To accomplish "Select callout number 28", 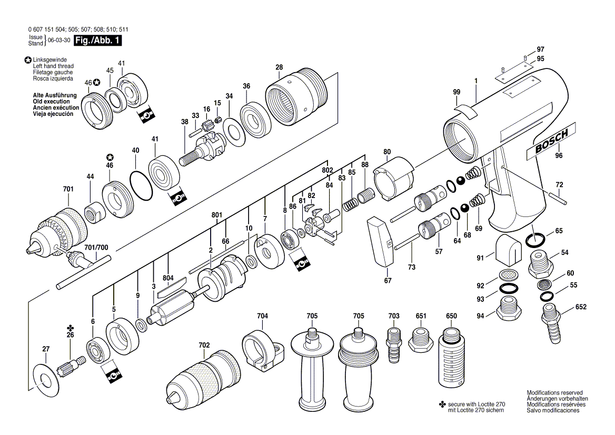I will pyautogui.click(x=279, y=67).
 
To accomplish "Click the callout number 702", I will pyautogui.click(x=204, y=345).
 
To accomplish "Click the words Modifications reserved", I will pyautogui.click(x=554, y=393).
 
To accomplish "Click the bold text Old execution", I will pyautogui.click(x=51, y=101).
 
